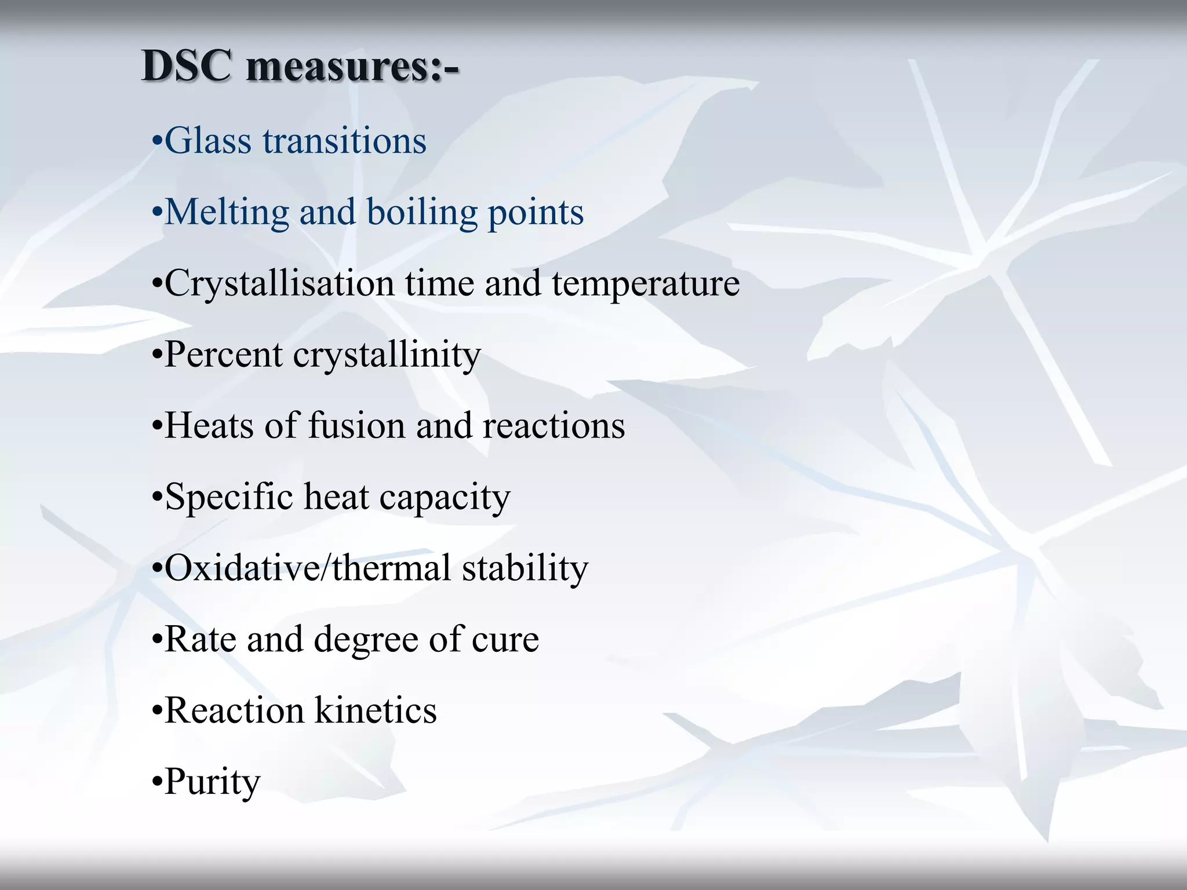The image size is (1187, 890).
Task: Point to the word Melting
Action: (227, 213)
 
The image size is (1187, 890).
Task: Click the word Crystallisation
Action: (280, 284)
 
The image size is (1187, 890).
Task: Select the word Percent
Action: (224, 354)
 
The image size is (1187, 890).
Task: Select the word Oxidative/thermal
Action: (308, 568)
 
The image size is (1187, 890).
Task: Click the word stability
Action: (525, 568)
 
